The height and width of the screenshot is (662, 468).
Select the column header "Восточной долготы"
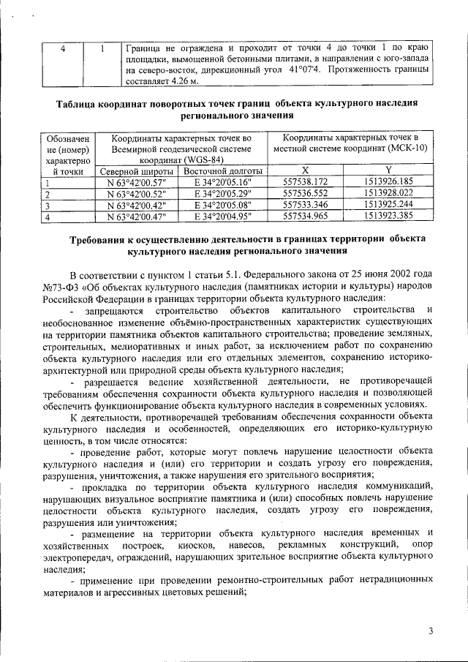click(217, 170)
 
